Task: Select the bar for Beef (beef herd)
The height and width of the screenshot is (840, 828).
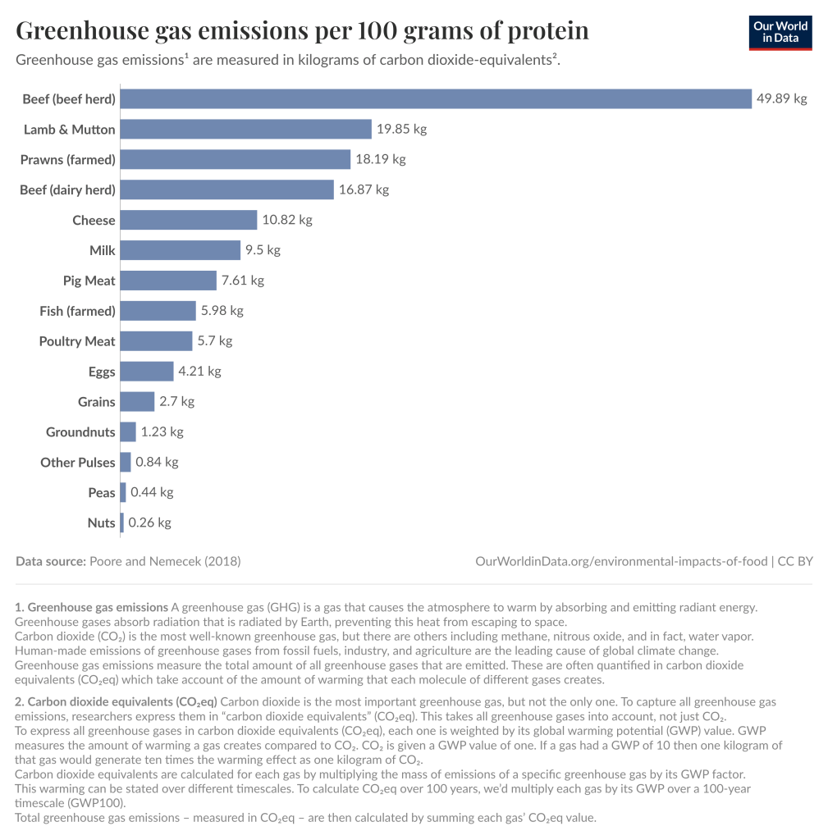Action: (x=436, y=99)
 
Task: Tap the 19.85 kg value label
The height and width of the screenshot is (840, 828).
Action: (x=401, y=130)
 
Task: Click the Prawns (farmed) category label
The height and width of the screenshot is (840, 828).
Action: (x=68, y=160)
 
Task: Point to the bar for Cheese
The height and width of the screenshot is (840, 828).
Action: (x=189, y=220)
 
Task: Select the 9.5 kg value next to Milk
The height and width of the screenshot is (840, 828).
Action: (x=263, y=250)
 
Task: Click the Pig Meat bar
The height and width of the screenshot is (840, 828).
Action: (x=168, y=281)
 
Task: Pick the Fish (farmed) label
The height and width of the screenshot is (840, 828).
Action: (x=77, y=311)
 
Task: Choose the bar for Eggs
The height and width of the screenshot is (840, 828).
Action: (x=147, y=372)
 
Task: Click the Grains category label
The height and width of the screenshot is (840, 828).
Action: (x=97, y=402)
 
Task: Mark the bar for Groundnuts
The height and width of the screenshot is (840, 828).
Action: (x=128, y=432)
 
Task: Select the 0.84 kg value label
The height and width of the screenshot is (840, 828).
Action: (x=157, y=463)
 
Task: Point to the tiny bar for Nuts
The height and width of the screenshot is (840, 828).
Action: (x=122, y=523)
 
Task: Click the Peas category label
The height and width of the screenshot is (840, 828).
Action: (x=102, y=493)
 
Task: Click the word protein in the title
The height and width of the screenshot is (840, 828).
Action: (x=548, y=31)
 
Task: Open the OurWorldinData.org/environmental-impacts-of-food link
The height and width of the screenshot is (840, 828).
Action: (x=621, y=562)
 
